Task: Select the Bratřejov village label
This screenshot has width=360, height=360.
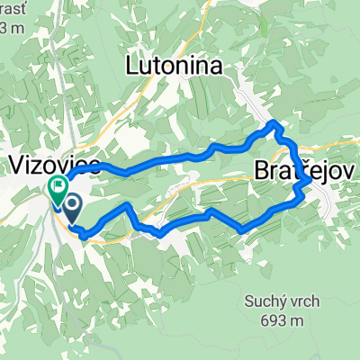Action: (x=308, y=169)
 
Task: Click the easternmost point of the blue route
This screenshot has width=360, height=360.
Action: (x=311, y=180)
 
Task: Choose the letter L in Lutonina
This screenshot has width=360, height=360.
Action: (x=131, y=65)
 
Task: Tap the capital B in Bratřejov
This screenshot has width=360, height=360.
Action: (x=260, y=170)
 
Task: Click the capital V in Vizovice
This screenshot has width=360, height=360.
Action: (x=16, y=165)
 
